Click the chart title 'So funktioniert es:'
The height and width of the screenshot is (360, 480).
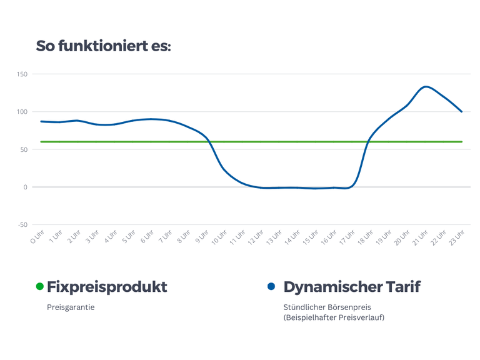103,46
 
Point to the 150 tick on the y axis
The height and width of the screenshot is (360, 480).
22,74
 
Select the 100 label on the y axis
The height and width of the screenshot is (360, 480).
22,112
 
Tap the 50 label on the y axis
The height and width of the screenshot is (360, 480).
24,149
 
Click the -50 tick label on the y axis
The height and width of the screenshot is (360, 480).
22,224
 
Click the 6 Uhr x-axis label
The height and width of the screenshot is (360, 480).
146,237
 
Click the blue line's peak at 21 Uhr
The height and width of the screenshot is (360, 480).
426,87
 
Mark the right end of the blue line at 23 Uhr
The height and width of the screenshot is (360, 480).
462,111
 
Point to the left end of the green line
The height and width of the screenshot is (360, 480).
41,142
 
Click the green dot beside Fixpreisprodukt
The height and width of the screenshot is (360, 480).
40,286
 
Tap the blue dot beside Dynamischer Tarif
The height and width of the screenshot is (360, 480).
271,286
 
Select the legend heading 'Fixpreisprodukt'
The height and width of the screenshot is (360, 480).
107,287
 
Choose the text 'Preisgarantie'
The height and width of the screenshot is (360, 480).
71,307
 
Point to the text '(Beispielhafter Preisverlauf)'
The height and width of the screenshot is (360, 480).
334,318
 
